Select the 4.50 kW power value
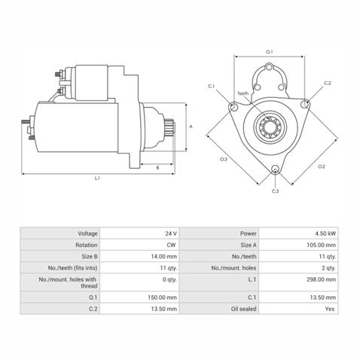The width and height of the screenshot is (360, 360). pyautogui.click(x=325, y=233)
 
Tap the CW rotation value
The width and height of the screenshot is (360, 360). pyautogui.click(x=172, y=245)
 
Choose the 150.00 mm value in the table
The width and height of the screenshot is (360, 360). pyautogui.click(x=165, y=297)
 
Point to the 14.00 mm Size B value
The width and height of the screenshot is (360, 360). pyautogui.click(x=166, y=256)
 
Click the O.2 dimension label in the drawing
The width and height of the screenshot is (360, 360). pyautogui.click(x=321, y=166)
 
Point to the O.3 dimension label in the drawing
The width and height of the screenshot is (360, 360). pyautogui.click(x=224, y=160)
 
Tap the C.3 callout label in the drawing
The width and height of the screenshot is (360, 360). pyautogui.click(x=276, y=192)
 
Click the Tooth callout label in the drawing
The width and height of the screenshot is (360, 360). pyautogui.click(x=243, y=94)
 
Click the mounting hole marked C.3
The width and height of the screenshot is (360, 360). pyautogui.click(x=275, y=169)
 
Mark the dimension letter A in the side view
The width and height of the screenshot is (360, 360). pyautogui.click(x=191, y=127)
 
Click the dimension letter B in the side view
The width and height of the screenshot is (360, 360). pyautogui.click(x=157, y=168)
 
